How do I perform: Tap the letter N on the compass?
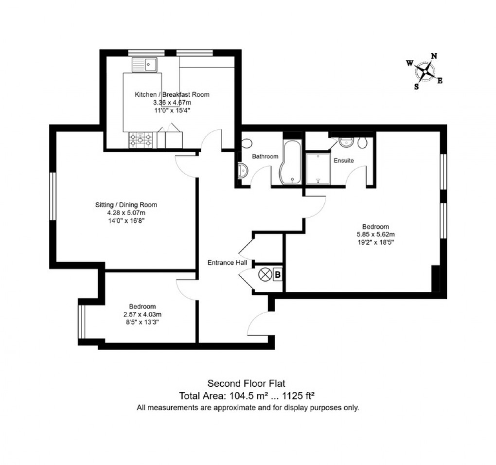pyautogui.click(x=434, y=56)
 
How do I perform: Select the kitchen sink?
pyautogui.click(x=143, y=64)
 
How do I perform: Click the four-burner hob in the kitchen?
pyautogui.click(x=140, y=141)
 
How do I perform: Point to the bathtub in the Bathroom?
pyautogui.click(x=292, y=163)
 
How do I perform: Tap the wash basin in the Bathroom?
pyautogui.click(x=243, y=170)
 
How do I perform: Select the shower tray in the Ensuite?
pyautogui.click(x=318, y=168)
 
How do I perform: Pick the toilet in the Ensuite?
pyautogui.click(x=362, y=142)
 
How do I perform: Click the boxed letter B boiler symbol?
pyautogui.click(x=278, y=275)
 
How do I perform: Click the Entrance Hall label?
pyautogui.click(x=227, y=263)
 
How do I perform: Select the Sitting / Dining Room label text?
pyautogui.click(x=126, y=205)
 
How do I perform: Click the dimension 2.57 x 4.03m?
pyautogui.click(x=142, y=314)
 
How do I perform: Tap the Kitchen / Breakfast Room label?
pyautogui.click(x=172, y=94)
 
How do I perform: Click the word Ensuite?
pyautogui.click(x=343, y=160)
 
